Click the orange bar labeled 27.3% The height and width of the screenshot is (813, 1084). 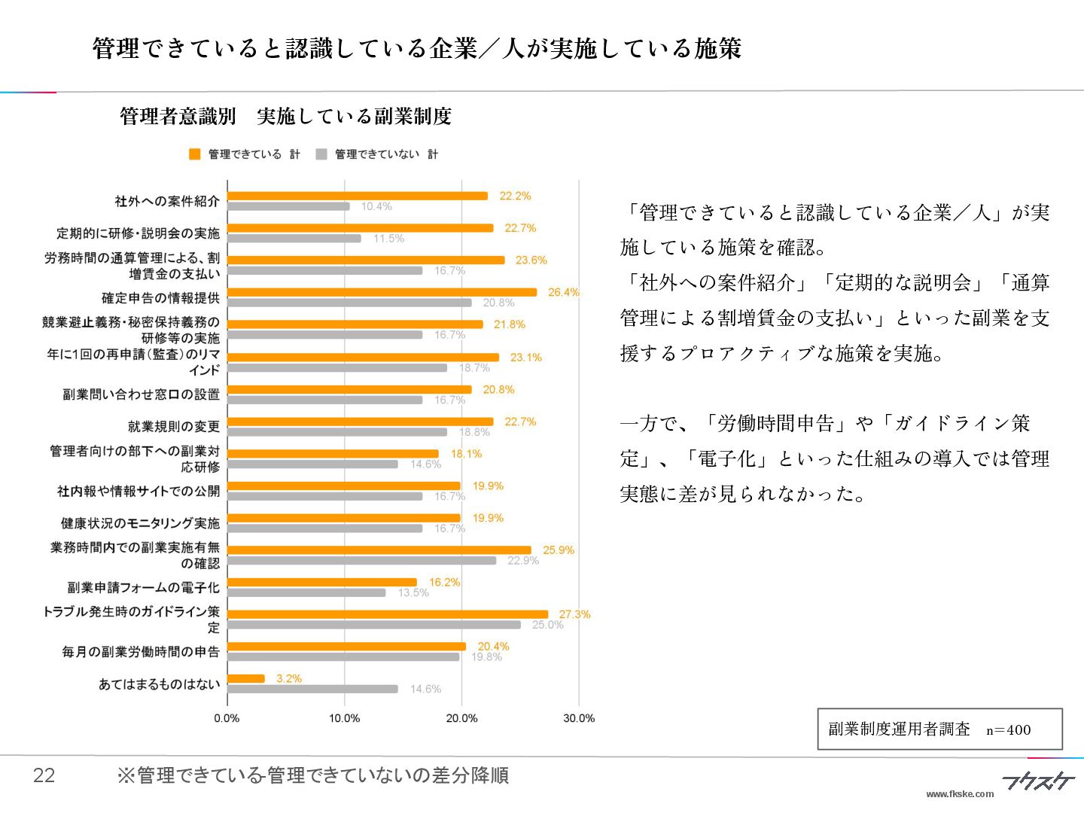pyautogui.click(x=388, y=614)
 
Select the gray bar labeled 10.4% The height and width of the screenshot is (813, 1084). pyautogui.click(x=288, y=206)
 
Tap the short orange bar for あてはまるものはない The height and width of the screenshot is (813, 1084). pyautogui.click(x=246, y=678)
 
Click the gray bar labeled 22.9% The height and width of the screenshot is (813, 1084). pyautogui.click(x=361, y=560)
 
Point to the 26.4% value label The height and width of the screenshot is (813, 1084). pyautogui.click(x=563, y=292)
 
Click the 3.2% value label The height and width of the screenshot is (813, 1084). pyautogui.click(x=289, y=678)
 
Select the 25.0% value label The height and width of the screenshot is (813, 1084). pyautogui.click(x=547, y=625)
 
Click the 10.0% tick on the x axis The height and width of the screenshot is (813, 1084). pyautogui.click(x=344, y=718)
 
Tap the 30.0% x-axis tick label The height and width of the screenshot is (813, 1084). pyautogui.click(x=578, y=718)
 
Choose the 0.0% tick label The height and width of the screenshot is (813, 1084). pyautogui.click(x=227, y=718)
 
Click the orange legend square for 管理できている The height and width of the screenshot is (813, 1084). pyautogui.click(x=195, y=154)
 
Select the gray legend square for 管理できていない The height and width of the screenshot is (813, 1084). pyautogui.click(x=321, y=154)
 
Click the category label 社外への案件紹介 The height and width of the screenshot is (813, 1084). pyautogui.click(x=167, y=201)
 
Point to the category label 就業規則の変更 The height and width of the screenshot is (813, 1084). pyautogui.click(x=174, y=427)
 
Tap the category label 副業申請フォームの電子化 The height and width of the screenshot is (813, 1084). pyautogui.click(x=144, y=587)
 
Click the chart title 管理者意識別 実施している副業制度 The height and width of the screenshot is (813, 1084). pyautogui.click(x=285, y=117)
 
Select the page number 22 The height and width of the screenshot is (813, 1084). pyautogui.click(x=44, y=775)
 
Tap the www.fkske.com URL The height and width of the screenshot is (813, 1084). pyautogui.click(x=960, y=793)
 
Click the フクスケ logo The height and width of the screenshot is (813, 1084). pyautogui.click(x=1038, y=781)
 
